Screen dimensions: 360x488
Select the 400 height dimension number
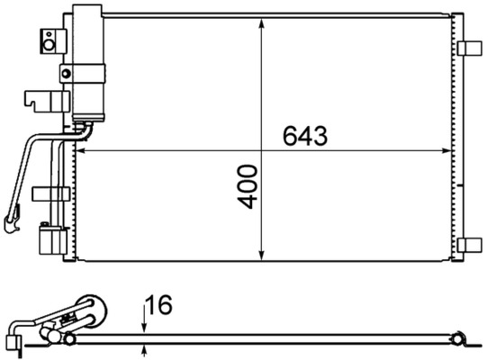tap(249, 186)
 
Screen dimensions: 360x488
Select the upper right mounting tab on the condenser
tap(468, 49)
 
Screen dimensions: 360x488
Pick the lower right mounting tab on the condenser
tap(468, 244)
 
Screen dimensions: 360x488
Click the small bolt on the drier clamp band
tap(65, 73)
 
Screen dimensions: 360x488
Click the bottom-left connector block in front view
tap(50, 242)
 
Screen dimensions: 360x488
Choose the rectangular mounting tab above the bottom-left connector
tap(50, 193)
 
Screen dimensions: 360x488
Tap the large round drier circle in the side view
tap(89, 308)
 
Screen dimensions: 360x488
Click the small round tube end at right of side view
tap(458, 339)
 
